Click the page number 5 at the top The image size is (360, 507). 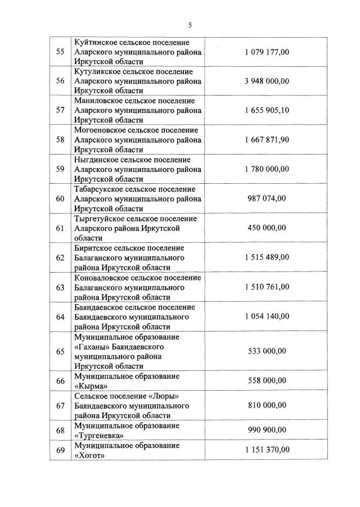tap(190, 25)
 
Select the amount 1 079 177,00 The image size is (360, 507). tap(267, 52)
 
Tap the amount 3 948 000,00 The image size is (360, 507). tap(267, 81)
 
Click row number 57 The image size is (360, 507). tap(60, 110)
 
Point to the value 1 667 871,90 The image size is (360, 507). tap(267, 139)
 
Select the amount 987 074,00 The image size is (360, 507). tap(267, 198)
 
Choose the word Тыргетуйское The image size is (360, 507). tap(99, 219)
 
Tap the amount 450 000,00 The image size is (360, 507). tap(267, 228)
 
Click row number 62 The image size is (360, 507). tap(60, 257)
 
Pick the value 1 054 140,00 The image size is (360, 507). tap(267, 316)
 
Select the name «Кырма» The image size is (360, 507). tap(91, 386)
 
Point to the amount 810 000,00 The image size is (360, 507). tap(267, 405)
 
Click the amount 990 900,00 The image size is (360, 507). tap(267, 430)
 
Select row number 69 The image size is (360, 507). tap(60, 450)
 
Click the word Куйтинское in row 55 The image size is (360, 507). tap(95, 43)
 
